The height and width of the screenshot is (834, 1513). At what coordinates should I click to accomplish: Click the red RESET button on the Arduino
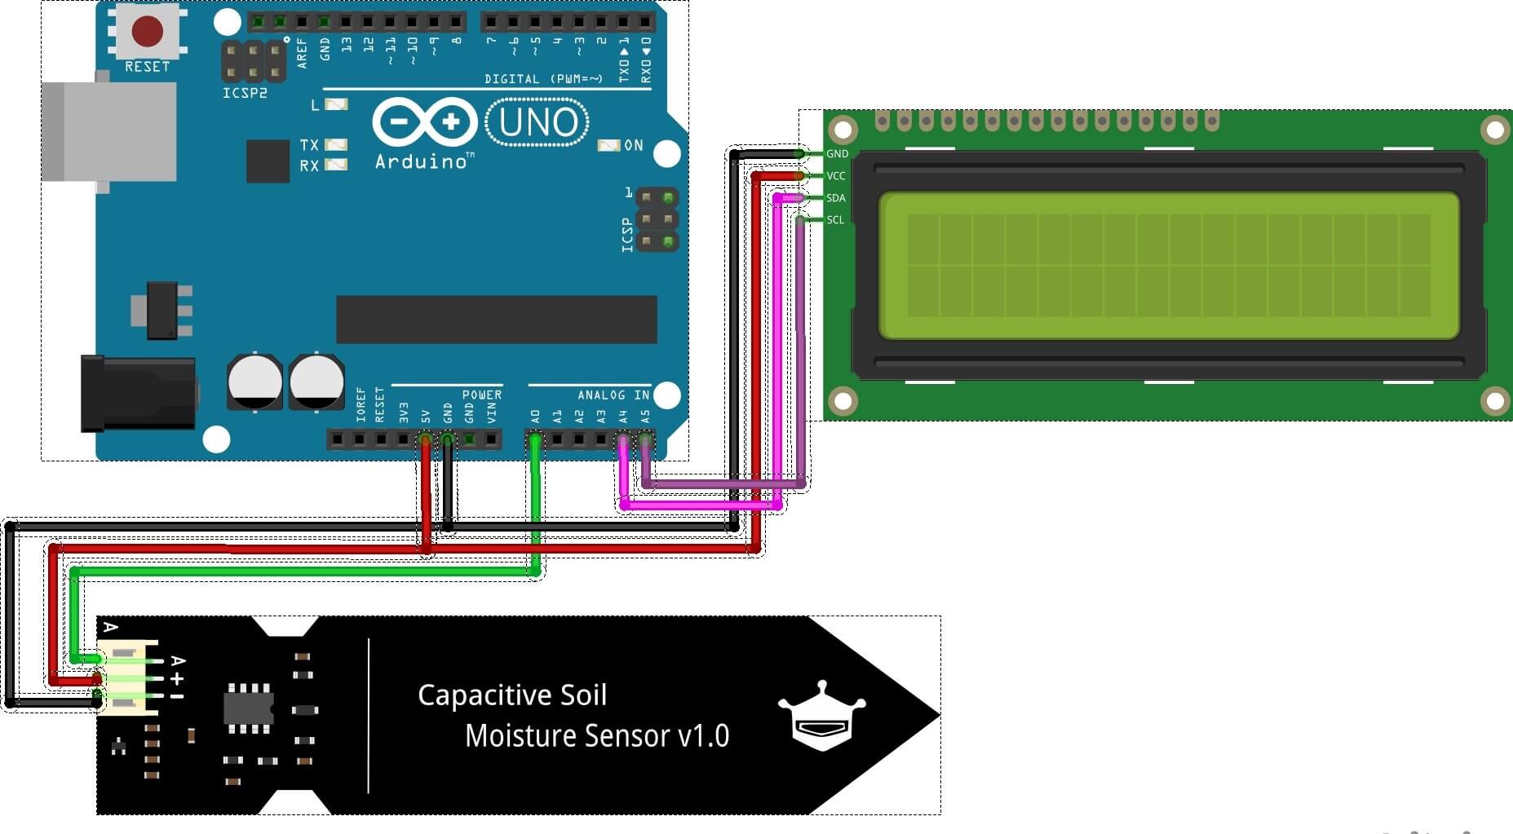pos(148,32)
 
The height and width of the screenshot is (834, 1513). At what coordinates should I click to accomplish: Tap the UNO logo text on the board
pos(538,123)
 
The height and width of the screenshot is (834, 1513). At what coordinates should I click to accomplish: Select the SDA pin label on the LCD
pos(836,198)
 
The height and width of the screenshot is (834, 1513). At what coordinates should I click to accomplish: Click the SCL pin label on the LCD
pos(835,220)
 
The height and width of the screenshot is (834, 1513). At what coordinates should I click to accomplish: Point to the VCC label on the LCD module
pos(836,176)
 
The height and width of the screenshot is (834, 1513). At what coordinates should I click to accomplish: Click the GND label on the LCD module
pos(837,154)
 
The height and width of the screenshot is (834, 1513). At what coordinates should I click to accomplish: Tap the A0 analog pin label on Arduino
pos(535,416)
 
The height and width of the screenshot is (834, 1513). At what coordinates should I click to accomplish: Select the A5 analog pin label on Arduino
pos(645,416)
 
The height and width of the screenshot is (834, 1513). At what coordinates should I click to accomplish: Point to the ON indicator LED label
pos(634,145)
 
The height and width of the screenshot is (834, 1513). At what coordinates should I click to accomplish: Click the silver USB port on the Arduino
pos(109,131)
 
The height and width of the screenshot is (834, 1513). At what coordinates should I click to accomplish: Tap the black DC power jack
pos(137,393)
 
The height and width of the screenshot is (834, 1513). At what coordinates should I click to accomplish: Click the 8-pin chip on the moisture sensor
pos(249,708)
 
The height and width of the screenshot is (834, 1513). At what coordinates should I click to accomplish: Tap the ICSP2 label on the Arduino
pos(245,93)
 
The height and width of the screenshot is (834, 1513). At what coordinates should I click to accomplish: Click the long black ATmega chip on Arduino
pos(496,320)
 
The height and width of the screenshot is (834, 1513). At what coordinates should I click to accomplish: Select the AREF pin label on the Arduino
pos(302,52)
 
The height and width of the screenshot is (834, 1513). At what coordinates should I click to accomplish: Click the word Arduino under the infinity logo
pos(421,161)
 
